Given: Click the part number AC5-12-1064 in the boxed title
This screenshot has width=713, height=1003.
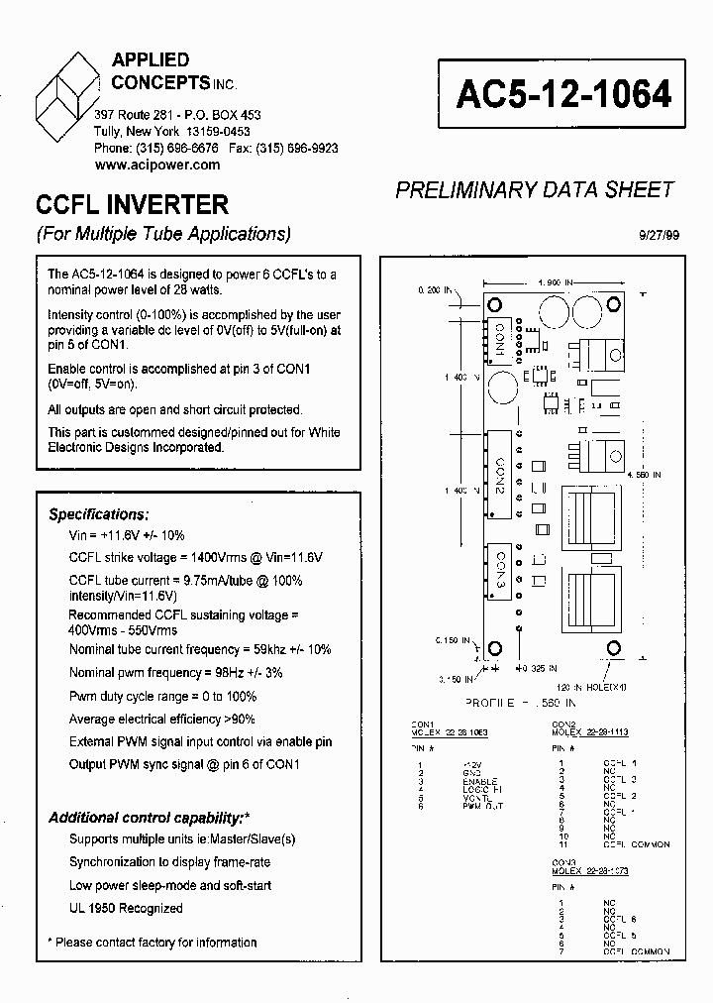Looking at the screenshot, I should click(x=563, y=94).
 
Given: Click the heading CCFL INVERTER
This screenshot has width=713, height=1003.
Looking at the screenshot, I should click(x=132, y=205).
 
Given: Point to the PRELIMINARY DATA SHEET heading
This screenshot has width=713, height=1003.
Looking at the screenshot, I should click(x=535, y=190).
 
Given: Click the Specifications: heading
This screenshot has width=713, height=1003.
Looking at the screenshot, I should click(x=99, y=514).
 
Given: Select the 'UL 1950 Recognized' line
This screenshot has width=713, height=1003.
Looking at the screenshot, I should click(x=126, y=908).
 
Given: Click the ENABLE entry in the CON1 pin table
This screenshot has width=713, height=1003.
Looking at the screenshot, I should click(x=478, y=782).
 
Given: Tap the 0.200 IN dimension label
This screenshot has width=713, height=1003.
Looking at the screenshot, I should click(x=434, y=291).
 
